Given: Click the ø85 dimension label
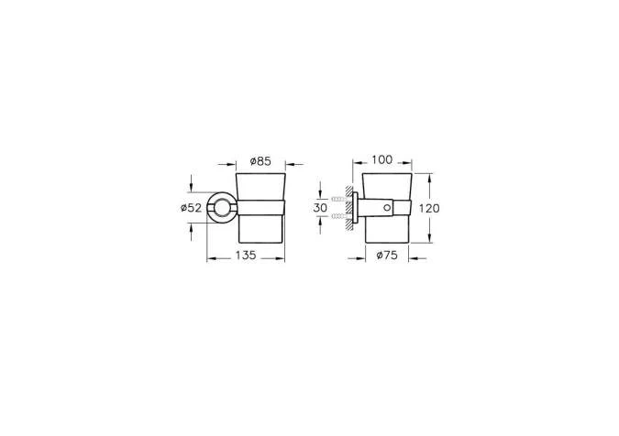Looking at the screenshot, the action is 260,161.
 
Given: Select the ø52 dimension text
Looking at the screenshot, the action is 191,208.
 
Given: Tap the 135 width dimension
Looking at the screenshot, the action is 246,256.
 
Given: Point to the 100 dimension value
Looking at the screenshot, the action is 382,159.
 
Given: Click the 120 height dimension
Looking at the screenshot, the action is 429,208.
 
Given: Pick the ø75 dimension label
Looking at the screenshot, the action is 387,256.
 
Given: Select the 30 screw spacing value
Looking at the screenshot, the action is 320,208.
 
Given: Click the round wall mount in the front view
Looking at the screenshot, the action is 222,208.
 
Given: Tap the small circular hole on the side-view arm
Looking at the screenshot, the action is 387,208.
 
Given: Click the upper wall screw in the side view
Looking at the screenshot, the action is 339,200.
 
